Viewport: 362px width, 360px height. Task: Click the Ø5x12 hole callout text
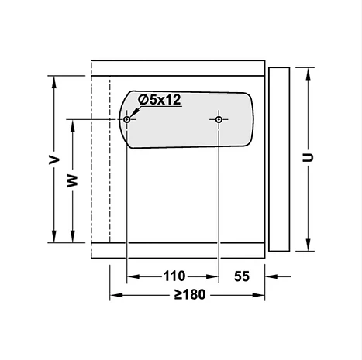(159, 100)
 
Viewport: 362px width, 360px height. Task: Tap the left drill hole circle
(126, 119)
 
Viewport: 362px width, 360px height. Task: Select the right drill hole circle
(219, 119)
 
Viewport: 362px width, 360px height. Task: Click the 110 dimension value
(174, 276)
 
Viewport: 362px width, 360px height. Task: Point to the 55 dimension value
(242, 276)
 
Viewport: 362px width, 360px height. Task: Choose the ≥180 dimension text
(190, 294)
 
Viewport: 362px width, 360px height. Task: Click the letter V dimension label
(54, 160)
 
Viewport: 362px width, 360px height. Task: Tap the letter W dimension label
(72, 181)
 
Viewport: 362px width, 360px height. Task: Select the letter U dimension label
(308, 157)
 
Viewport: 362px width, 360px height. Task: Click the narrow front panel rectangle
(279, 159)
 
